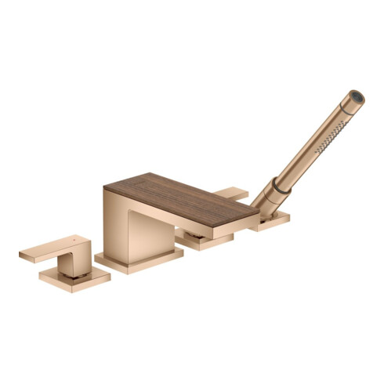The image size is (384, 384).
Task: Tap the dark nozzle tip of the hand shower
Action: coord(357,97)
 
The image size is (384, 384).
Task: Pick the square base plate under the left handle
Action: coord(74,280)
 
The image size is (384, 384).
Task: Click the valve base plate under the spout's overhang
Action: coord(205,241)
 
